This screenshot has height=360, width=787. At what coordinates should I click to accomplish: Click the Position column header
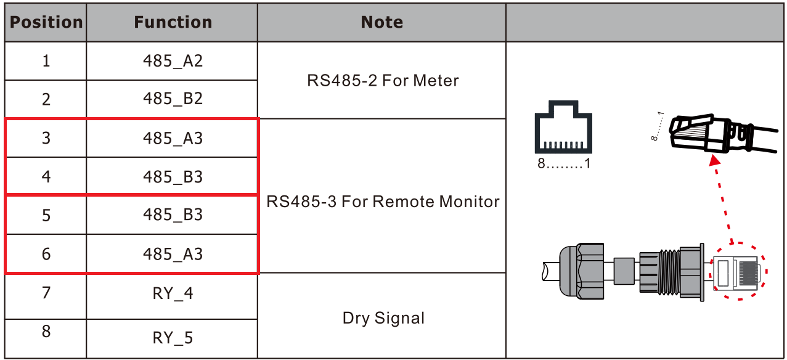tap(46, 23)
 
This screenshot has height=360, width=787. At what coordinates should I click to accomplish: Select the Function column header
tap(173, 23)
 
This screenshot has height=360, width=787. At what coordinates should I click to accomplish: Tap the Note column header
tap(381, 23)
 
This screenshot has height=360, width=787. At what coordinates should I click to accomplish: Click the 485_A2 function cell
tap(173, 61)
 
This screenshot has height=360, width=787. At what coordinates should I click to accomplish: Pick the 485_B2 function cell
tap(173, 99)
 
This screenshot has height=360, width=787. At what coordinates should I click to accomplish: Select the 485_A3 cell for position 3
tap(173, 138)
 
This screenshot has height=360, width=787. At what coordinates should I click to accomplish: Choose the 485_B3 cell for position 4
tap(173, 177)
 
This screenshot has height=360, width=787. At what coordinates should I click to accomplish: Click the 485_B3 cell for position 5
tap(173, 215)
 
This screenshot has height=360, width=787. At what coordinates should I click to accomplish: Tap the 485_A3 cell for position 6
tap(173, 254)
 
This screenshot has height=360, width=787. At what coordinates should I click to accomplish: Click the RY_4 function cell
tap(173, 293)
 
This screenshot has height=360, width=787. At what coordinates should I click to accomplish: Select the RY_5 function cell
tap(173, 338)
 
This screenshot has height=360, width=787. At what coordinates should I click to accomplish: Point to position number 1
tap(46, 61)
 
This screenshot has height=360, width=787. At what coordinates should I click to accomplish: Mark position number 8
tap(46, 332)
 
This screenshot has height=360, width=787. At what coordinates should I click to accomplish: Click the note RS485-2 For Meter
tap(382, 80)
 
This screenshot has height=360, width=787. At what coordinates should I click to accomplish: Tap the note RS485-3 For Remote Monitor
tap(382, 201)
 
